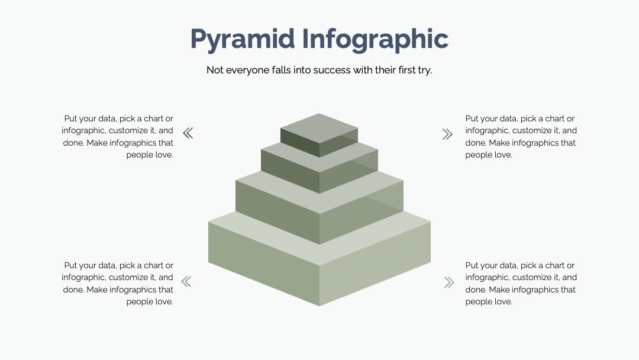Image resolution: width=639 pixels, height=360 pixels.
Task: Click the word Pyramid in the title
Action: pyautogui.click(x=243, y=40)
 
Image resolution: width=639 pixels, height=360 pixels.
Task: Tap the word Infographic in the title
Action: pyautogui.click(x=375, y=40)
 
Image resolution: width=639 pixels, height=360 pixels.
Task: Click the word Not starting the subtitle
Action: pyautogui.click(x=215, y=70)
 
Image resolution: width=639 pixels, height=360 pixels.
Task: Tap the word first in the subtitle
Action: pyautogui.click(x=406, y=70)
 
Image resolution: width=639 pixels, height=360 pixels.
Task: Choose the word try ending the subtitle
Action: pyautogui.click(x=425, y=70)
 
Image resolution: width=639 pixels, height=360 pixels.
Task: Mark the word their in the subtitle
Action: pyautogui.click(x=385, y=70)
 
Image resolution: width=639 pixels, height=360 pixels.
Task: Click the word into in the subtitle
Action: pyautogui.click(x=302, y=70)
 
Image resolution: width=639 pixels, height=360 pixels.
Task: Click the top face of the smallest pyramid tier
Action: pyautogui.click(x=319, y=128)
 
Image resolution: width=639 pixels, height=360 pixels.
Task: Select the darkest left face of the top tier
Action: pyautogui.click(x=300, y=143)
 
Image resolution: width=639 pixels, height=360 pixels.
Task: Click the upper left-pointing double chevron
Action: pyautogui.click(x=188, y=133)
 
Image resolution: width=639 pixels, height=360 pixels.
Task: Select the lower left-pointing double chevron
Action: pyautogui.click(x=186, y=282)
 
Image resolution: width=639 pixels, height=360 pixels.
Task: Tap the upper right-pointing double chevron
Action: pyautogui.click(x=447, y=134)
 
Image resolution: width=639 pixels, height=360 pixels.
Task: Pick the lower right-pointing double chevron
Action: pyautogui.click(x=449, y=282)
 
